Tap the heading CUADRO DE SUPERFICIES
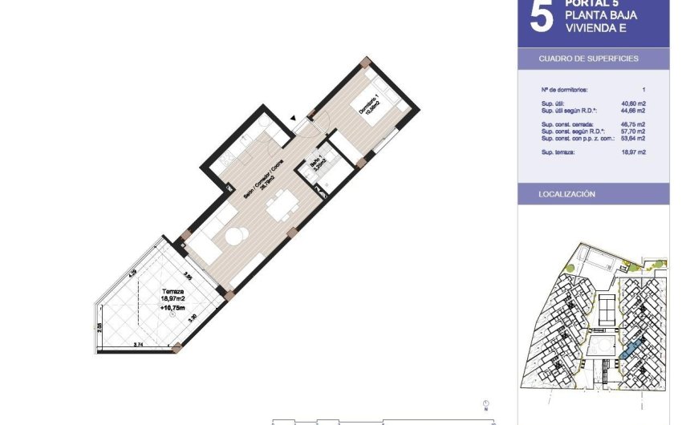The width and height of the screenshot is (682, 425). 578,59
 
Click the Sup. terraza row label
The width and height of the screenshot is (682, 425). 558,152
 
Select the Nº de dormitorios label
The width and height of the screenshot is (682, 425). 565,90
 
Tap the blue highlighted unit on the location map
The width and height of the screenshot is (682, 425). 631,350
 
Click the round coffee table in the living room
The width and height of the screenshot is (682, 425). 235,237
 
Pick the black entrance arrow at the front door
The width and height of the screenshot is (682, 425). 293,119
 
